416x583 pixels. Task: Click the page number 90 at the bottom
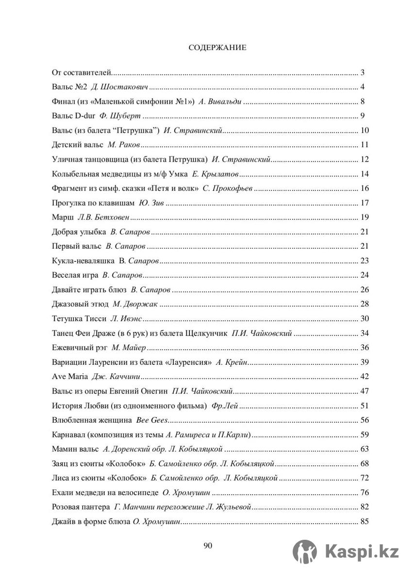click(208, 546)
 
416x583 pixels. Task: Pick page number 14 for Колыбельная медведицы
click(365, 174)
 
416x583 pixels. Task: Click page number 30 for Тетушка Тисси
click(365, 319)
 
